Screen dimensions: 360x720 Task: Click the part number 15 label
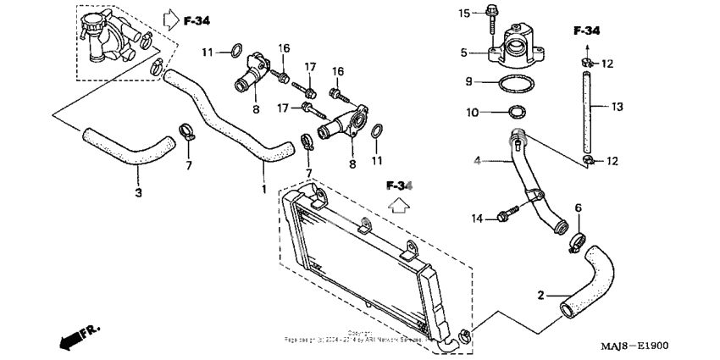coord(463,13)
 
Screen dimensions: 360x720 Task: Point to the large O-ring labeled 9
coord(514,84)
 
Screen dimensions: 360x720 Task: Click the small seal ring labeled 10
coord(515,112)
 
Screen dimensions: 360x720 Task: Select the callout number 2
coord(540,296)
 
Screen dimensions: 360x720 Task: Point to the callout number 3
coord(139,192)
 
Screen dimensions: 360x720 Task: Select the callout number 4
coord(478,160)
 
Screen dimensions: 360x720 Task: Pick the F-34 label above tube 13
coord(586,31)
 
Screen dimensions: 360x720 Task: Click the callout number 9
coord(468,82)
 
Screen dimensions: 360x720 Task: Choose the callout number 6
coord(579,208)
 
